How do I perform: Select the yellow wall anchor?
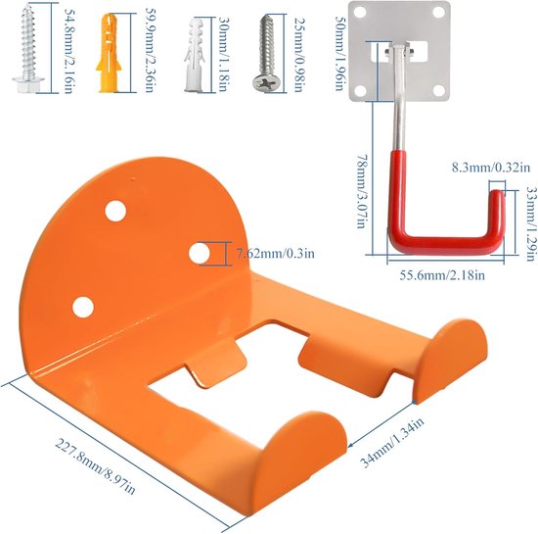pyautogui.click(x=109, y=53)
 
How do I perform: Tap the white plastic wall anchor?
pyautogui.click(x=195, y=55)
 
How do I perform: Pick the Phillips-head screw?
pyautogui.click(x=267, y=53)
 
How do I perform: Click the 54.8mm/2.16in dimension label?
pyautogui.click(x=68, y=51)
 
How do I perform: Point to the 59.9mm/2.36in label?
pyautogui.click(x=150, y=51)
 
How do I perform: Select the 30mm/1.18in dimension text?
pyautogui.click(x=223, y=54)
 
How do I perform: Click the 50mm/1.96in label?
pyautogui.click(x=339, y=53)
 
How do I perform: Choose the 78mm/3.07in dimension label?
pyautogui.click(x=361, y=191)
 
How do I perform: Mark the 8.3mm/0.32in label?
pyautogui.click(x=491, y=168)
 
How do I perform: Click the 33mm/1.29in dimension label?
pyautogui.click(x=530, y=224)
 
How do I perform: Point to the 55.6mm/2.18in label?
pyautogui.click(x=442, y=275)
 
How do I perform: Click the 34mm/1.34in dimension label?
pyautogui.click(x=391, y=443)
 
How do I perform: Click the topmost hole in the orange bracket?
pyautogui.click(x=115, y=211)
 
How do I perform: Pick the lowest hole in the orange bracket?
pyautogui.click(x=83, y=308)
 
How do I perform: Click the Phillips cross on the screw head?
pyautogui.click(x=266, y=82)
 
